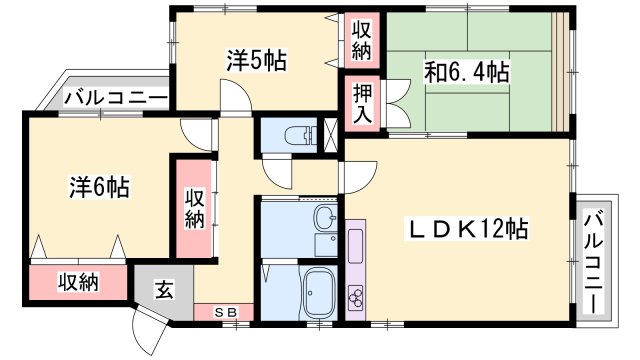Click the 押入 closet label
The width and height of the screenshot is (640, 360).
pyautogui.click(x=362, y=102)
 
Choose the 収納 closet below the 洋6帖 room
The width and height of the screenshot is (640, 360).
pyautogui.click(x=77, y=282)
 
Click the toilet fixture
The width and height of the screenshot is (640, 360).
pyautogui.click(x=295, y=135)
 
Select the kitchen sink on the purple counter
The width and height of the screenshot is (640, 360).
pyautogui.click(x=356, y=244)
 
